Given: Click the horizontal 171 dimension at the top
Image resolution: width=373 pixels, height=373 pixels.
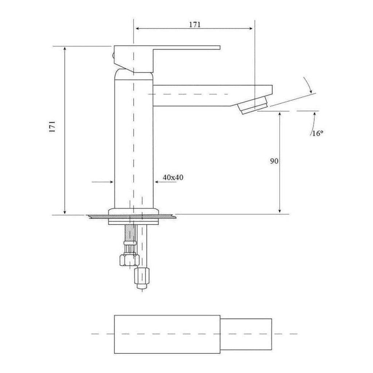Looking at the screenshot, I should tap(195, 24).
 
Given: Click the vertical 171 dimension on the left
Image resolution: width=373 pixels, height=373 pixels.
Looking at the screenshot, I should tap(53, 126).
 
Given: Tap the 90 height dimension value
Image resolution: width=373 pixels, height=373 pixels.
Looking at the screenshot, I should tap(274, 161).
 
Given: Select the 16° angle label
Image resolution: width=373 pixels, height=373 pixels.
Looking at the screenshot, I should tap(317, 133).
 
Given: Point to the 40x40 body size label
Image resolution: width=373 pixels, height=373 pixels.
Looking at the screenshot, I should tap(173, 178).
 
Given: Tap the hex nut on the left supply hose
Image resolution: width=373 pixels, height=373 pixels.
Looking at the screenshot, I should tap(129, 260).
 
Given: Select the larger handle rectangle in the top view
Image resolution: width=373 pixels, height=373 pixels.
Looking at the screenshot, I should tap(167, 334).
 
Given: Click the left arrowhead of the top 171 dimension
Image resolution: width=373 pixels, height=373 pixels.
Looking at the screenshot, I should tap(137, 28).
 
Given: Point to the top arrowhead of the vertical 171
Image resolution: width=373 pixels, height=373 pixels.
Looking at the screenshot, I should tap(65, 50).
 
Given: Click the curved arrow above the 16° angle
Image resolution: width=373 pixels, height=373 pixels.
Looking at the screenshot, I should tap(308, 86).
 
